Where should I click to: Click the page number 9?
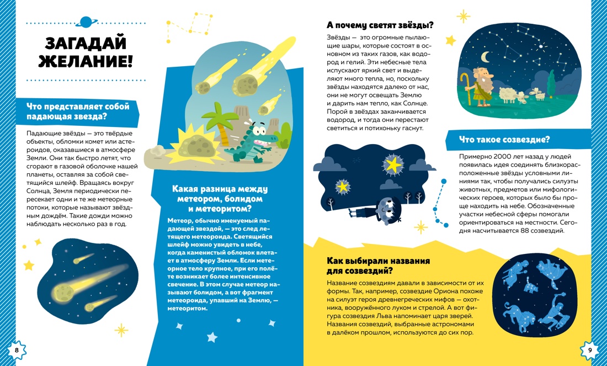coord(589,350)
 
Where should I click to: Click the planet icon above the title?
coord(86,22)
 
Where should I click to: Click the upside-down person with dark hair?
coord(380,205)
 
